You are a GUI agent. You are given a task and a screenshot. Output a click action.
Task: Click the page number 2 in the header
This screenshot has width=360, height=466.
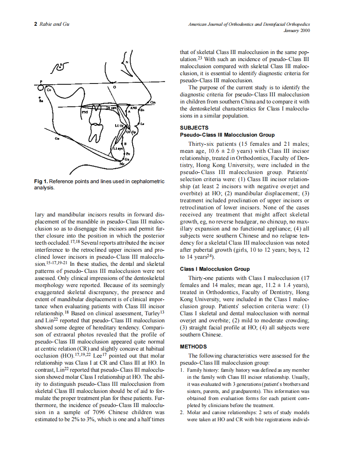[35, 24]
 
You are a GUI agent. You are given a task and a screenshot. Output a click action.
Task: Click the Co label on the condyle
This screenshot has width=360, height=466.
[49, 89]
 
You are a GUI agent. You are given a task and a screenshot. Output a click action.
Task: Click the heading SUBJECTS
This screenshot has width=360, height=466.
[194, 128]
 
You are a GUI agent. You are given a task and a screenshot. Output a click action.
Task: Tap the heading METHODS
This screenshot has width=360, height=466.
[193, 346]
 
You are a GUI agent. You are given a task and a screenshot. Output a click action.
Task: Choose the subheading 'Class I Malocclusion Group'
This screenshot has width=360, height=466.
[215, 269]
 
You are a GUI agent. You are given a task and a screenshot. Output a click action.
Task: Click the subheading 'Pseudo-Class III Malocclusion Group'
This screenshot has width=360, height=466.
[227, 135]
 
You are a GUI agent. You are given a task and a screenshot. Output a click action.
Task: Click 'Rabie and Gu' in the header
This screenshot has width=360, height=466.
[54, 24]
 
